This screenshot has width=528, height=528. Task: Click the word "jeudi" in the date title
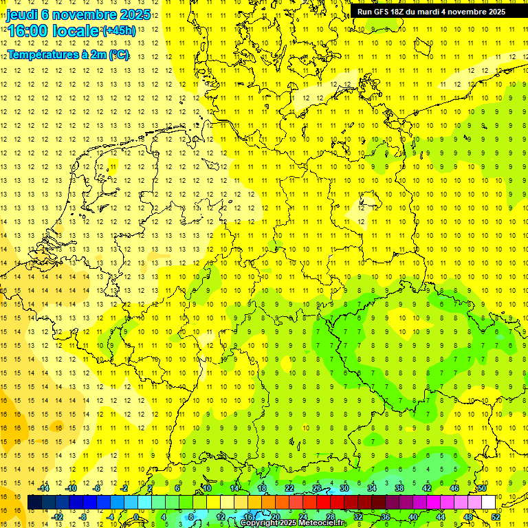click(22, 14)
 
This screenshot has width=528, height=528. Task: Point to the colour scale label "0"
click(135, 517)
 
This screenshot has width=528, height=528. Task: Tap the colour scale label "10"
click(206, 488)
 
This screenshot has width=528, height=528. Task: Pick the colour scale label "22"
click(289, 488)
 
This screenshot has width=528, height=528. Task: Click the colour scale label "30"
click(344, 488)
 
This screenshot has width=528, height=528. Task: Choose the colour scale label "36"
click(385, 517)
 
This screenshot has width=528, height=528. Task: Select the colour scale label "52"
click(496, 517)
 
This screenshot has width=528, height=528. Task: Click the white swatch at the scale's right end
click(488, 503)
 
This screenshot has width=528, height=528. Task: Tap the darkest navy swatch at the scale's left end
click(34, 503)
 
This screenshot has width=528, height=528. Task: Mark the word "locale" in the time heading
click(76, 31)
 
